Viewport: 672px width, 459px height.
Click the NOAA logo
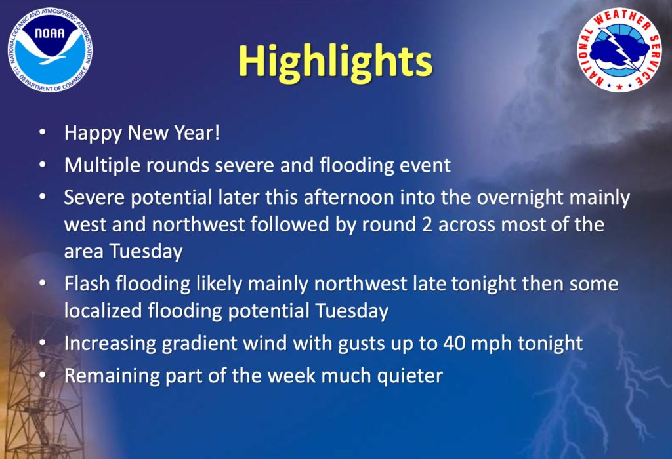[50, 50]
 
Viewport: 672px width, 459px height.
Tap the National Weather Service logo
[619, 49]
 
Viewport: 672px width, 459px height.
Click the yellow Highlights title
[335, 62]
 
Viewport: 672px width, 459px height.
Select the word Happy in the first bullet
[93, 134]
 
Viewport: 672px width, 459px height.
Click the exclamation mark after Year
[217, 132]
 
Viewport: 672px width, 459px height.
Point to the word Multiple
[102, 166]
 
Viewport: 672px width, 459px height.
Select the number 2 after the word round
[427, 225]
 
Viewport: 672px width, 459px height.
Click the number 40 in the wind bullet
[454, 344]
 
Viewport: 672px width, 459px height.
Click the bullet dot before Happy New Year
[42, 132]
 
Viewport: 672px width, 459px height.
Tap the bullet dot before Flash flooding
[42, 283]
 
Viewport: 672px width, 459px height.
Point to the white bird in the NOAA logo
[49, 51]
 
